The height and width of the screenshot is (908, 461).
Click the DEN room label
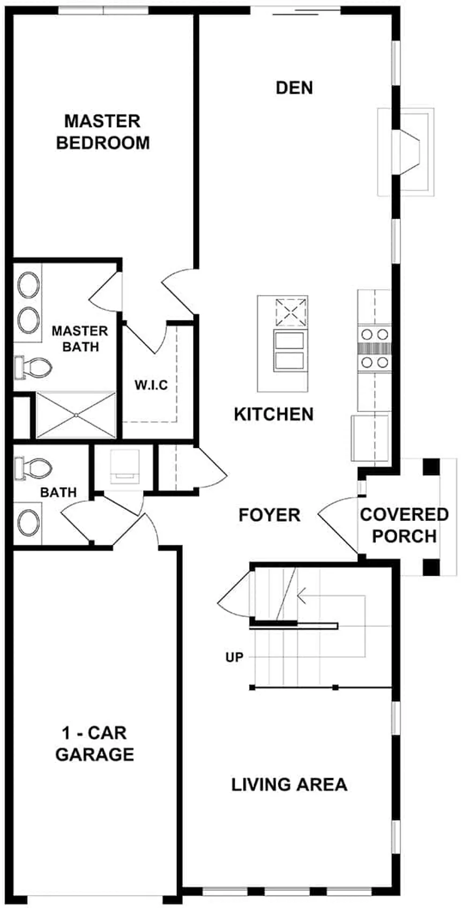pyautogui.click(x=294, y=88)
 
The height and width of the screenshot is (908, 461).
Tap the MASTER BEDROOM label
pyautogui.click(x=103, y=132)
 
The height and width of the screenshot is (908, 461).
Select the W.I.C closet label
pyautogui.click(x=151, y=385)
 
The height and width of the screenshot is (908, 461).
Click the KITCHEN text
pyautogui.click(x=274, y=414)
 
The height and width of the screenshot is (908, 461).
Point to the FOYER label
pyautogui.click(x=269, y=515)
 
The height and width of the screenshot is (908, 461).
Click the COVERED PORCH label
pyautogui.click(x=404, y=525)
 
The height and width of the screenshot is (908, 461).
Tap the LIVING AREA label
pyautogui.click(x=289, y=785)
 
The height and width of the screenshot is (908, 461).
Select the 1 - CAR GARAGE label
pyautogui.click(x=95, y=744)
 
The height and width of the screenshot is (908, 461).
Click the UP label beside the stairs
pyautogui.click(x=234, y=657)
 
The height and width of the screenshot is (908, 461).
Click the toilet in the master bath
pyautogui.click(x=34, y=367)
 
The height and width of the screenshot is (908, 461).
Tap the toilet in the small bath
pyautogui.click(x=34, y=467)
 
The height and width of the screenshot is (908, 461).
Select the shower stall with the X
pyautogui.click(x=76, y=415)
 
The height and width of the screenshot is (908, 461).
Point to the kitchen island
pyautogui.click(x=282, y=343)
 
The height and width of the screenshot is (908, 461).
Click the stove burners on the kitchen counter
pyautogui.click(x=374, y=348)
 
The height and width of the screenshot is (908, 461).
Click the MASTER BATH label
pyautogui.click(x=80, y=339)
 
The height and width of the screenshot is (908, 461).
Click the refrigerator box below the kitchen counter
pyautogui.click(x=370, y=437)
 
